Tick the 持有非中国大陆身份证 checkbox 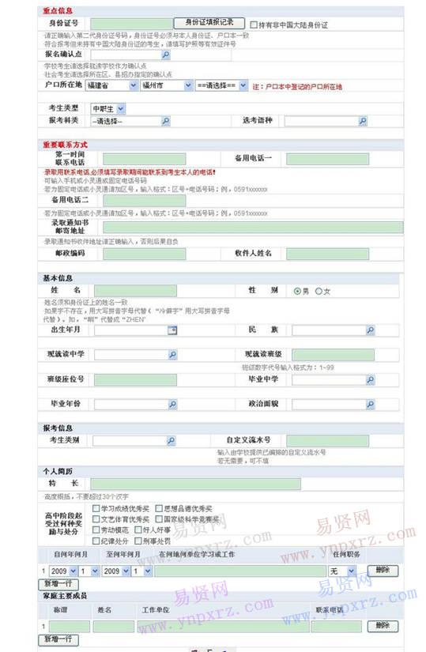[254, 24]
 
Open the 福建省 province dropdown [112, 85]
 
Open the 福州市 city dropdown [166, 85]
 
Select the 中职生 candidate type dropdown [107, 107]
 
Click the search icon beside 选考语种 [363, 121]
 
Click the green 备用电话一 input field [326, 159]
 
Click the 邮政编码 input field [143, 254]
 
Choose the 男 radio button [296, 292]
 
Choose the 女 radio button [319, 292]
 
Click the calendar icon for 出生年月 [172, 330]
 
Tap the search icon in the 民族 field [370, 330]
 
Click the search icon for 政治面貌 [370, 405]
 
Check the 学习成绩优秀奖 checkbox [96, 508]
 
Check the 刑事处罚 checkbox [138, 541]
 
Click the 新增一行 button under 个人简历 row [59, 583]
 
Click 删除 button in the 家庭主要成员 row [383, 625]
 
